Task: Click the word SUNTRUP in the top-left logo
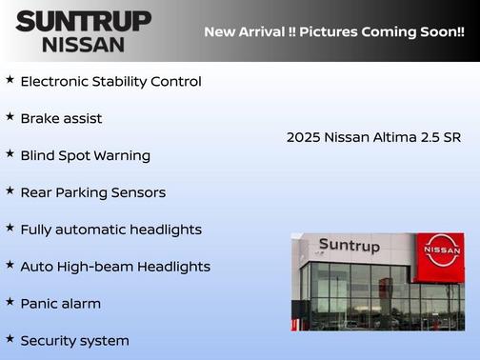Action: (x=83, y=20)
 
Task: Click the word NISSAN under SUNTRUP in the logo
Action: (x=83, y=44)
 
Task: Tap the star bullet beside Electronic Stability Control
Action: (x=10, y=80)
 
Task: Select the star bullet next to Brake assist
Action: (x=10, y=117)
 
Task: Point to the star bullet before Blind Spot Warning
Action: (x=10, y=153)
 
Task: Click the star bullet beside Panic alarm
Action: (x=10, y=302)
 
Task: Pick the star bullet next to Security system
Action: (x=10, y=339)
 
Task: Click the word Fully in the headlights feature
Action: (x=38, y=230)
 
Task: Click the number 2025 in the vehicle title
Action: (x=303, y=137)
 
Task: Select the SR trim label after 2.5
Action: (x=451, y=137)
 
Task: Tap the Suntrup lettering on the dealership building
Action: (x=349, y=246)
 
